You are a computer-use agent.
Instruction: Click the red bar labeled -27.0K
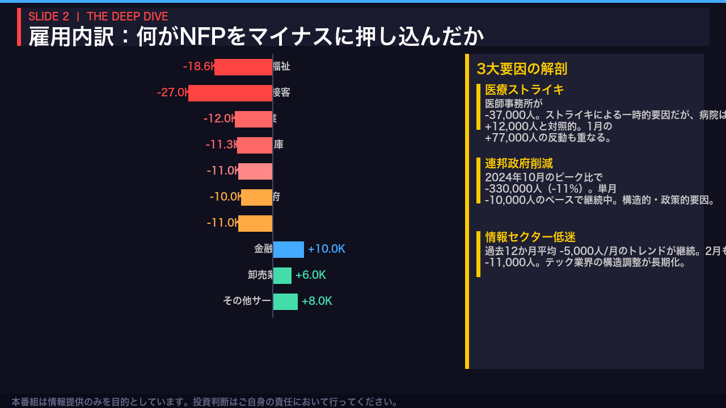pos(230,93)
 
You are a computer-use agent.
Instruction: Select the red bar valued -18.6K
pos(243,67)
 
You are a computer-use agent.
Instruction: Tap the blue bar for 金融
pos(288,249)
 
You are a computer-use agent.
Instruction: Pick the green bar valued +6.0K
pos(282,275)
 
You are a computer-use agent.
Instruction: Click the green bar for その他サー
pos(285,301)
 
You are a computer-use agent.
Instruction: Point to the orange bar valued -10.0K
pos(256,197)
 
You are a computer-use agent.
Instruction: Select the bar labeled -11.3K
pos(255,145)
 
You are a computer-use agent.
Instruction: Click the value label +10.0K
pos(326,249)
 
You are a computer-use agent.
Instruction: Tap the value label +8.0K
pos(316,301)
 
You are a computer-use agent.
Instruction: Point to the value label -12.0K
pos(219,119)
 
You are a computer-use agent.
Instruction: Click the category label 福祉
pos(281,66)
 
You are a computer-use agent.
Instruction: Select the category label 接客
pos(281,92)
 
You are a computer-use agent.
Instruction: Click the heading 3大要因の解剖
pos(522,69)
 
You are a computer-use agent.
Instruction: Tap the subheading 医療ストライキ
pos(525,90)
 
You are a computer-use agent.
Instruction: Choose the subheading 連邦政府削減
pos(519,164)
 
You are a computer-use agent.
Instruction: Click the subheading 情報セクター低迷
pos(530,237)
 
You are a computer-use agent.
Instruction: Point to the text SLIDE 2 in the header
pos(49,16)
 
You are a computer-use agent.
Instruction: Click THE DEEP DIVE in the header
pos(128,16)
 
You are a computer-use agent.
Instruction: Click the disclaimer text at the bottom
pos(204,402)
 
